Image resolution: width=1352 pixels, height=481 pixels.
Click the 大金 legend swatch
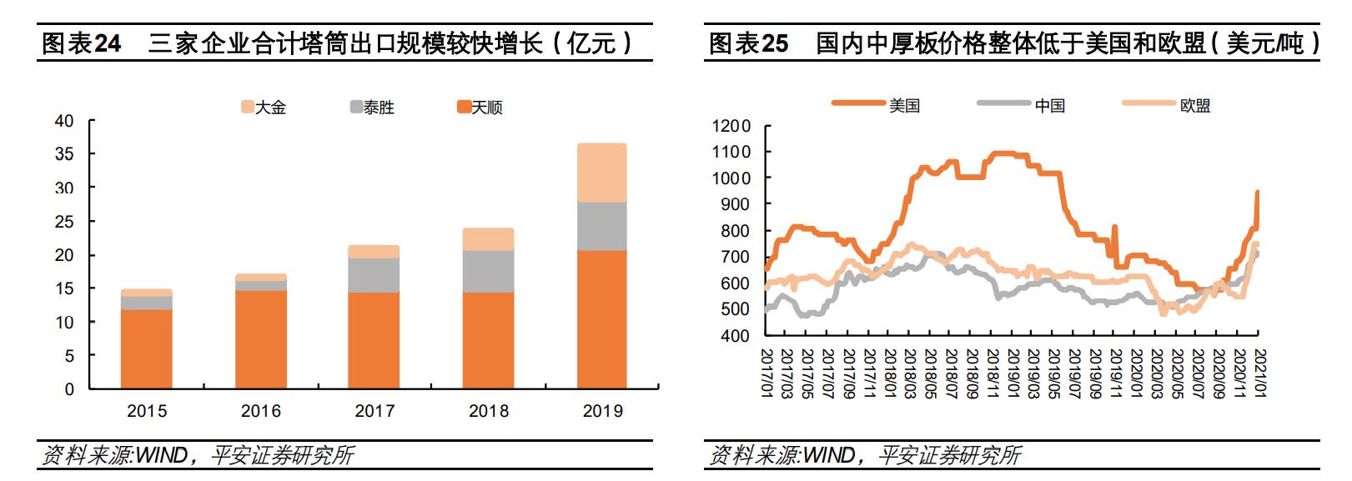(x=247, y=108)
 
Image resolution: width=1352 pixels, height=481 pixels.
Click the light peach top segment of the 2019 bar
(x=602, y=173)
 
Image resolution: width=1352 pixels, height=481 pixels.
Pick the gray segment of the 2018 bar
(x=489, y=271)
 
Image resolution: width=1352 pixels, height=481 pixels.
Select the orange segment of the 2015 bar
(x=147, y=348)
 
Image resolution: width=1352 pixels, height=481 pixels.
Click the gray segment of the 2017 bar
(x=374, y=275)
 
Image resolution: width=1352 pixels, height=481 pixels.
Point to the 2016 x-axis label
(x=260, y=411)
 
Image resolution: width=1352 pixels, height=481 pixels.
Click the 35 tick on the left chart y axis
(x=64, y=154)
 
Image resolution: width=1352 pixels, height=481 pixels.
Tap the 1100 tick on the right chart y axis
(x=731, y=152)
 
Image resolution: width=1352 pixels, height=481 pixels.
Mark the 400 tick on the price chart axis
(x=735, y=335)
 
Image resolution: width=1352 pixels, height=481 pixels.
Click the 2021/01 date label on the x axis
(x=1260, y=373)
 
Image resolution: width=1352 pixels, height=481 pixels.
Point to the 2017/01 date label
(x=766, y=373)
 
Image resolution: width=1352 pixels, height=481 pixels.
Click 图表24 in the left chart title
(x=82, y=43)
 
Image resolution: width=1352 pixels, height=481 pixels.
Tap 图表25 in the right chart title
(x=748, y=43)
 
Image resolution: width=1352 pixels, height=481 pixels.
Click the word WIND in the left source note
(x=162, y=455)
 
